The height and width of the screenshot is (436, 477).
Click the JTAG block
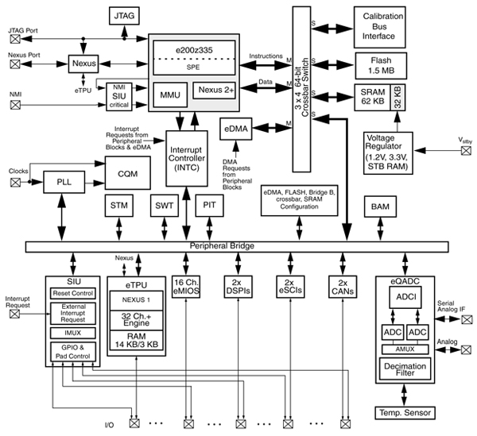123,15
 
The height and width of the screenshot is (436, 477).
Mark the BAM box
376,207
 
